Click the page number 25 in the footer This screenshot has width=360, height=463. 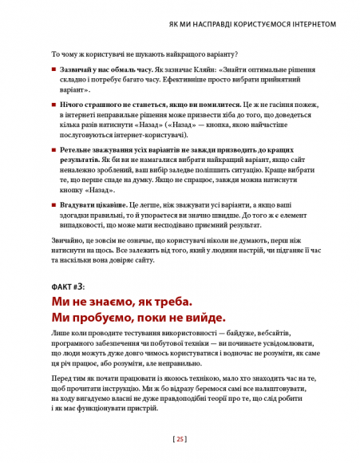point(180,438)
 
